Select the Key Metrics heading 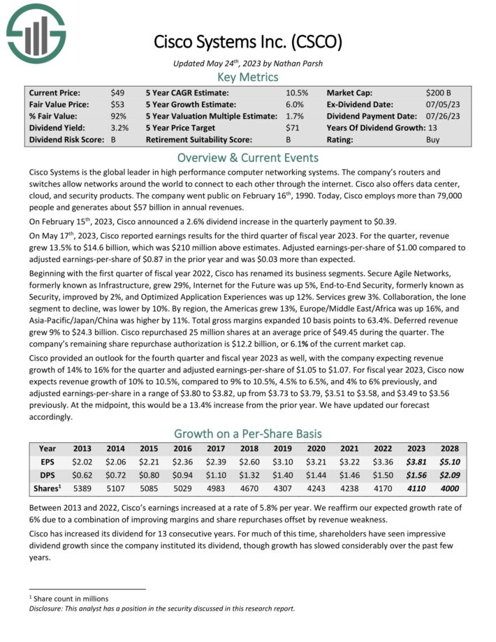[248, 77]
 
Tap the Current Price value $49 [117, 92]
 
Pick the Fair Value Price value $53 [117, 104]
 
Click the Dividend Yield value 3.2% [119, 128]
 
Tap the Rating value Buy [433, 140]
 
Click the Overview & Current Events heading [248, 157]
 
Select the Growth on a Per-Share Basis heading [248, 432]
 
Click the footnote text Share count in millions [72, 599]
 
